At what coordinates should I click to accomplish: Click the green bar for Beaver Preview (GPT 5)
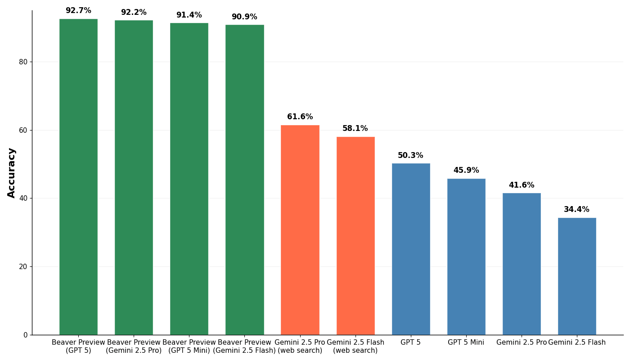tap(78, 177)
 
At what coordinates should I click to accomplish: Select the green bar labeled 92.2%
tap(134, 177)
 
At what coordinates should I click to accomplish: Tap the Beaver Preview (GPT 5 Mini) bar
tap(189, 179)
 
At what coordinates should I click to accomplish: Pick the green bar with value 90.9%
tap(245, 180)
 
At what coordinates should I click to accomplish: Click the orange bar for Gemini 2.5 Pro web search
tap(300, 230)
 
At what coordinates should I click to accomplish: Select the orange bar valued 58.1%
tap(355, 236)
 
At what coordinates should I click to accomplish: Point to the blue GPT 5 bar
tap(411, 249)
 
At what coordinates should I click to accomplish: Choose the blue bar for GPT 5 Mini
tap(466, 257)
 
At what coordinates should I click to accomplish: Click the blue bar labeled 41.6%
tap(522, 264)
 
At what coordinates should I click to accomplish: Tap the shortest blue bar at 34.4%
tap(577, 276)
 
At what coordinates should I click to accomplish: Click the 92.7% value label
tap(78, 10)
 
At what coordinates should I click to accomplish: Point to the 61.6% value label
tap(300, 117)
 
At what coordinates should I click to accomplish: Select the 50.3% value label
tap(410, 155)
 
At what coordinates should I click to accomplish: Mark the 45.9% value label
tap(466, 170)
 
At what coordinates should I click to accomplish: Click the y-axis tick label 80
tap(23, 62)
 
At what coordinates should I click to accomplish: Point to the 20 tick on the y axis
tap(23, 266)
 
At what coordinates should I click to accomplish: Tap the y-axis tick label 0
tap(26, 335)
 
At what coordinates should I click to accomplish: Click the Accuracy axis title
tap(11, 173)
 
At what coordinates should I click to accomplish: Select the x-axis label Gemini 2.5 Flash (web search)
tap(355, 346)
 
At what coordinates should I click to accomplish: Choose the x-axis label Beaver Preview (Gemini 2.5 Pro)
tap(134, 346)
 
